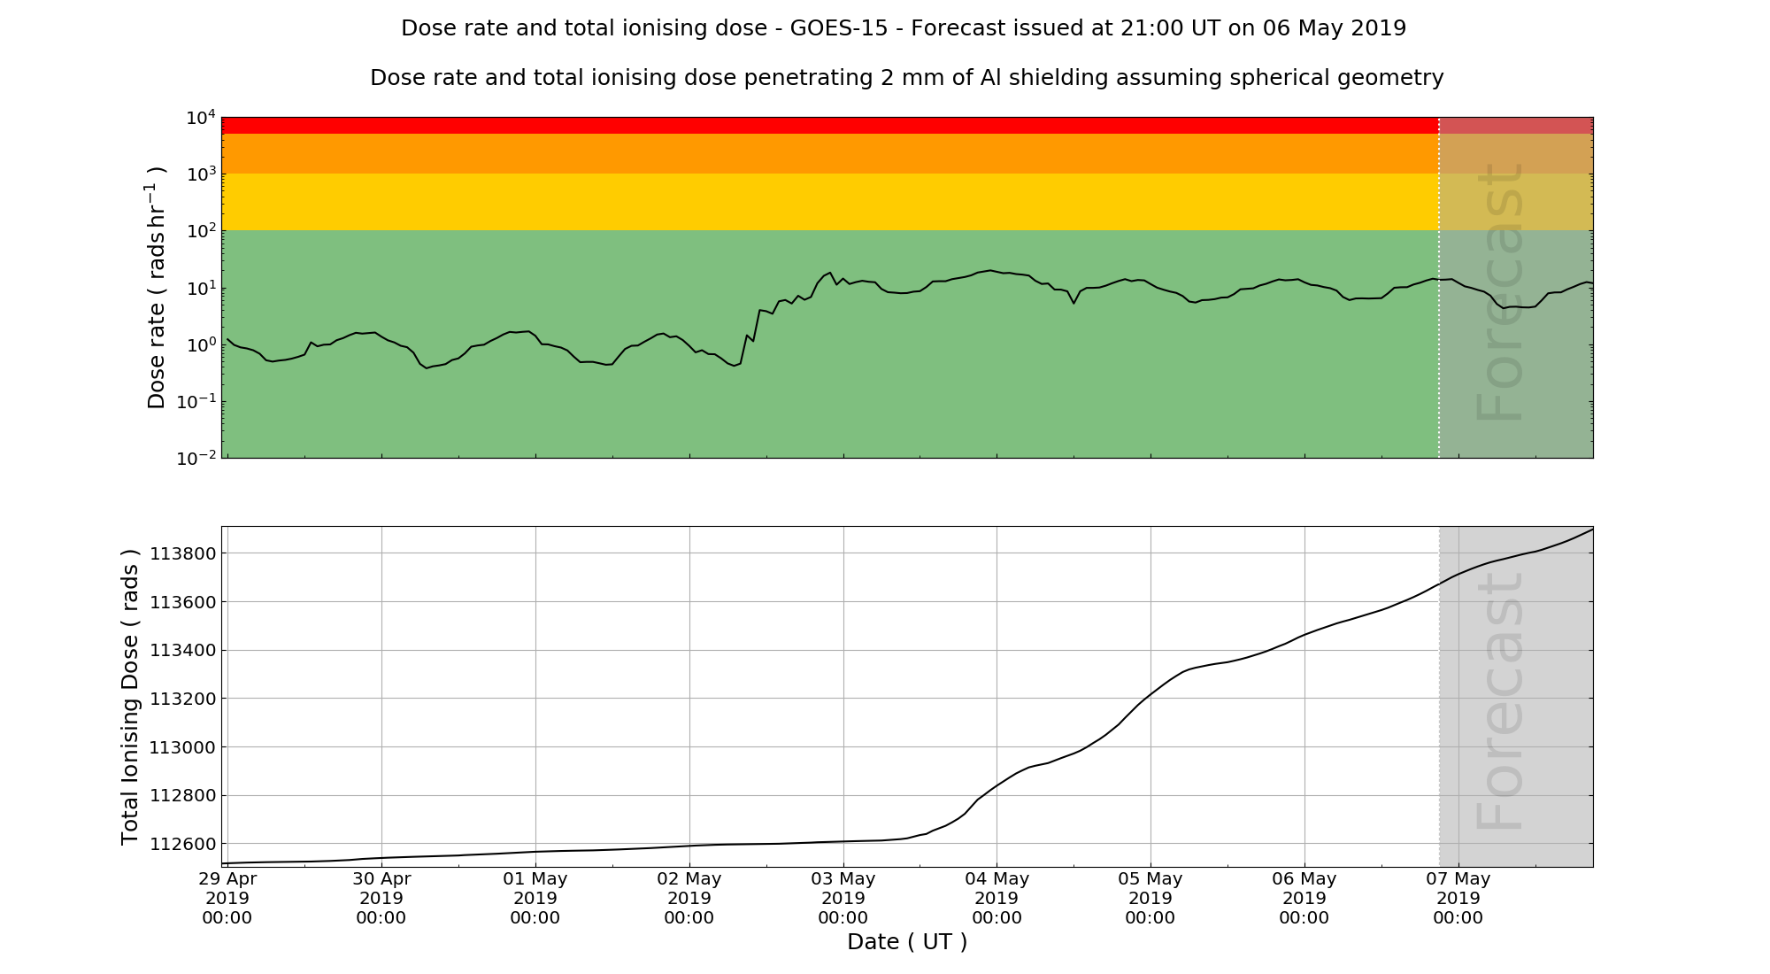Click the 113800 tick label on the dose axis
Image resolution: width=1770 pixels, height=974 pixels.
coord(181,554)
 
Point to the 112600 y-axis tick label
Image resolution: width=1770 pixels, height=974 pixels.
coord(181,844)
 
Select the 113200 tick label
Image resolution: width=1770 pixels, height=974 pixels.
coord(181,699)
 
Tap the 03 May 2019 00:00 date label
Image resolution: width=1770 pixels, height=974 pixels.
coord(843,898)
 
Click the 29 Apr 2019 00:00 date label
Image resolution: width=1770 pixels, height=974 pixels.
coord(227,898)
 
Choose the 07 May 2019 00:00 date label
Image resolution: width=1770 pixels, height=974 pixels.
coord(1458,898)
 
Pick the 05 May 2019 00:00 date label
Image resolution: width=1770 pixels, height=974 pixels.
coord(1150,898)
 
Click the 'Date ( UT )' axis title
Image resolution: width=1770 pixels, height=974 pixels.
coord(907,942)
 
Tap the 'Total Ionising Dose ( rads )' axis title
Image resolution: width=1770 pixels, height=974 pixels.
coord(130,697)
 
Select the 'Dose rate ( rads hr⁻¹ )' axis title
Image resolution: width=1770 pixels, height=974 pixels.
coord(156,288)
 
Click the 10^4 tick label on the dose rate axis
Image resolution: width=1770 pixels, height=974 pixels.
coord(201,118)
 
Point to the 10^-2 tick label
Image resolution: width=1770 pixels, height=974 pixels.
coord(197,458)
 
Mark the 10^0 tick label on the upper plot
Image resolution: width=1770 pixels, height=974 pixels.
coord(201,344)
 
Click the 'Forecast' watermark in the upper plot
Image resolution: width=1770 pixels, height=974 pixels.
coord(1500,292)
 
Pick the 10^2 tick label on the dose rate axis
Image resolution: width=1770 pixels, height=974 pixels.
coord(201,231)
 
